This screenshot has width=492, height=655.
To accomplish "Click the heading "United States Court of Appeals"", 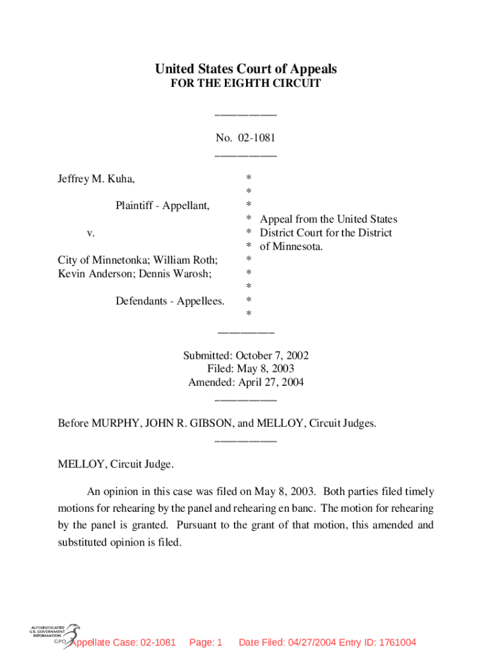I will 246,69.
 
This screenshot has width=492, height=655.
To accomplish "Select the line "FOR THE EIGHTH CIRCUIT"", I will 246,84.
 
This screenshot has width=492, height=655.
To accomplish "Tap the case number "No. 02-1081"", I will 246,138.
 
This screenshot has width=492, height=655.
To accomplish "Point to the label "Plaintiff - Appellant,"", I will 162,205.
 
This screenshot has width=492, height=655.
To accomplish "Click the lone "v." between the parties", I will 91,233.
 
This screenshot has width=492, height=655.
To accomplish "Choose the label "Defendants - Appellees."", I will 170,300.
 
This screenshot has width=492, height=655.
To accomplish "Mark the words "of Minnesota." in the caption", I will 291,246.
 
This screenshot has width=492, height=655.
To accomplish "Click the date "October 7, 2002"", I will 272,356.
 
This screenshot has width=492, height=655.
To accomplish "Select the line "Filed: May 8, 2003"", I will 250,369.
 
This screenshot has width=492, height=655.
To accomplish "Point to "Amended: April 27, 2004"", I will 246,383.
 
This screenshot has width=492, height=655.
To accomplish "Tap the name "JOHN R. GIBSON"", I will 180,423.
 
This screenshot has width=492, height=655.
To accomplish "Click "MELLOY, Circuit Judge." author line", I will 116,464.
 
